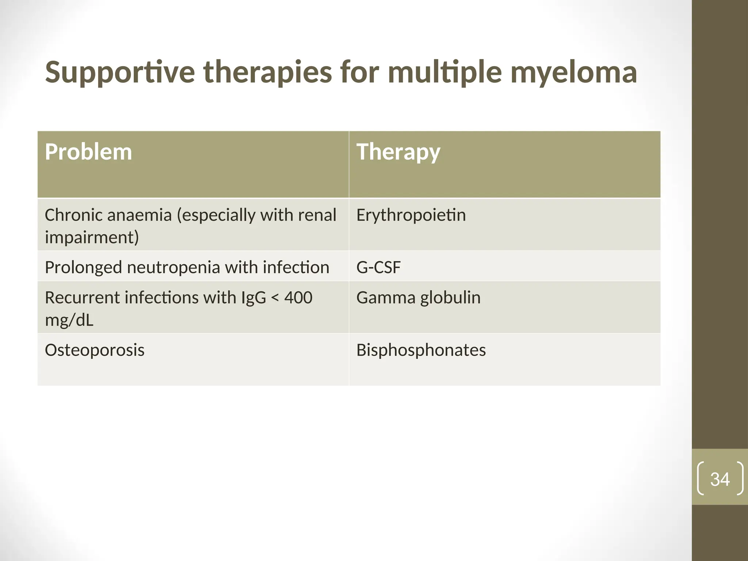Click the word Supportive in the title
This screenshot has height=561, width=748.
pyautogui.click(x=120, y=72)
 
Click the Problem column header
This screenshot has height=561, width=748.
pyautogui.click(x=88, y=152)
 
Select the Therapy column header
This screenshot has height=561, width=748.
pyautogui.click(x=398, y=152)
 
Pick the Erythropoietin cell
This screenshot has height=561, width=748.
pyautogui.click(x=411, y=215)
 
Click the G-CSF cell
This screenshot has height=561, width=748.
pyautogui.click(x=378, y=267)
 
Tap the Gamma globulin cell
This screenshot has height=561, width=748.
pyautogui.click(x=418, y=298)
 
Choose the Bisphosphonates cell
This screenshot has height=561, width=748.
pyautogui.click(x=421, y=350)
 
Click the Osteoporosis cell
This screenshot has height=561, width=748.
pyautogui.click(x=95, y=350)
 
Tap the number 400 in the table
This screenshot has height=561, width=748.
pyautogui.click(x=298, y=298)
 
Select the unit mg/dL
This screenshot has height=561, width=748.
pyautogui.click(x=69, y=320)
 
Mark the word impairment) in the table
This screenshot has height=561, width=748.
pyautogui.click(x=92, y=237)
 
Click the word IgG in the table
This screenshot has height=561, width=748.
pyautogui.click(x=253, y=298)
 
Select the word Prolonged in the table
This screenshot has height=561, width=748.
pyautogui.click(x=83, y=267)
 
